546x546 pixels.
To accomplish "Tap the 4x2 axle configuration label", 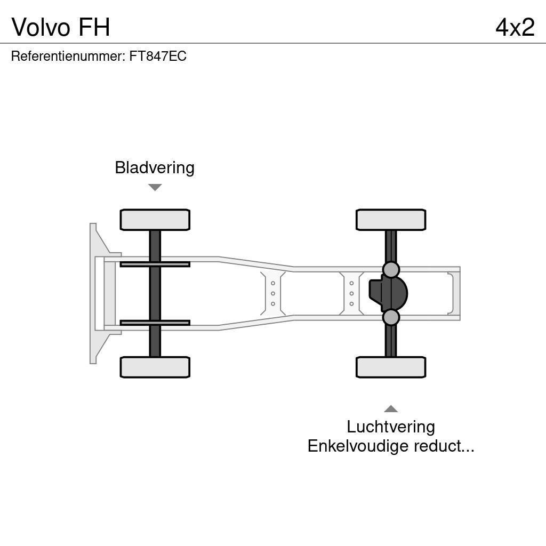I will pos(515,27).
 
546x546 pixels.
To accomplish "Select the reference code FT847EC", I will pos(158,57).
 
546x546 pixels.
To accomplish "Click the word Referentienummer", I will pos(67,57).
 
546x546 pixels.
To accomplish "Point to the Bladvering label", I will pos(155,167).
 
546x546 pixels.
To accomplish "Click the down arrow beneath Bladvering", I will pos(155,187).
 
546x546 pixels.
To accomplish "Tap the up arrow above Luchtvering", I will pos(391,409).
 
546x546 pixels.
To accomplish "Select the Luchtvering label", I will pos(391,427).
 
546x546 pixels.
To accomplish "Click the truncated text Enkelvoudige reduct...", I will pos(391,446).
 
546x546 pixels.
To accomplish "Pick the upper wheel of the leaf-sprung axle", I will pos(155,220).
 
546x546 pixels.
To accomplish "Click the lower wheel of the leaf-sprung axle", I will pos(155,367).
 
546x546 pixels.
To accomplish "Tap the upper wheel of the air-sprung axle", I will pos(391,220).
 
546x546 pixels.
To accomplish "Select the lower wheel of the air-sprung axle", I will pos(391,367).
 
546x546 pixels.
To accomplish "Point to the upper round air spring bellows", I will pos(391,270).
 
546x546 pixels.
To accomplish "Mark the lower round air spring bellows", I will pos(391,317).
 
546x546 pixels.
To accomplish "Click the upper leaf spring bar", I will pos(155,264).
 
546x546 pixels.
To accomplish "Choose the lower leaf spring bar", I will pos(155,323).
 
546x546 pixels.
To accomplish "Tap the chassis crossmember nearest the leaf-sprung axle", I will pos(272,293).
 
